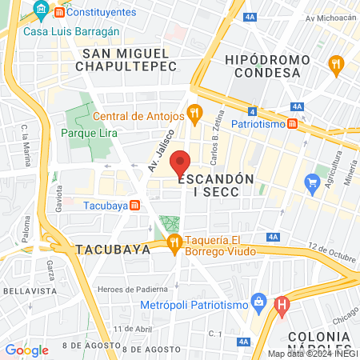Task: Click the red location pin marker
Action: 182,162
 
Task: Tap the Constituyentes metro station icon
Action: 58,13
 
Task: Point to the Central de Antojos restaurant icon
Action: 193,113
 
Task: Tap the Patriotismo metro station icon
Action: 294,124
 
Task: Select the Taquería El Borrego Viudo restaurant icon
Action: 174,242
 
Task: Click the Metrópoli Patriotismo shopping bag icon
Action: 258,302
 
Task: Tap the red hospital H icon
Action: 281,305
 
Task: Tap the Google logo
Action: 26,350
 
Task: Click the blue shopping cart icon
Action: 312,183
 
